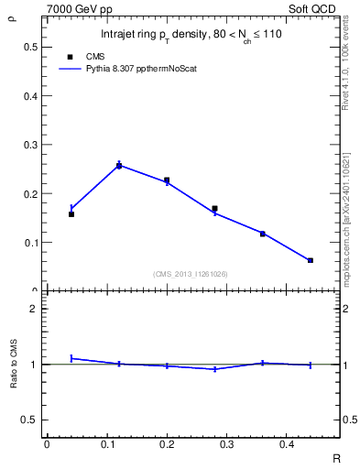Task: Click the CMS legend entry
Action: pos(108,56)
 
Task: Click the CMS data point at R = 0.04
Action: pos(71,213)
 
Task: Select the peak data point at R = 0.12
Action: pos(119,166)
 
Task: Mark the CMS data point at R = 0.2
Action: pos(167,180)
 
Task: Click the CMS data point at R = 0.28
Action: pos(214,209)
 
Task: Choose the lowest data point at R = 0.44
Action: pos(311,260)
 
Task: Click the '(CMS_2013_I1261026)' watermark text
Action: pos(191,273)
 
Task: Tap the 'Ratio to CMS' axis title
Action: pos(14,364)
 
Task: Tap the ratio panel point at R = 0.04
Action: pos(71,358)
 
